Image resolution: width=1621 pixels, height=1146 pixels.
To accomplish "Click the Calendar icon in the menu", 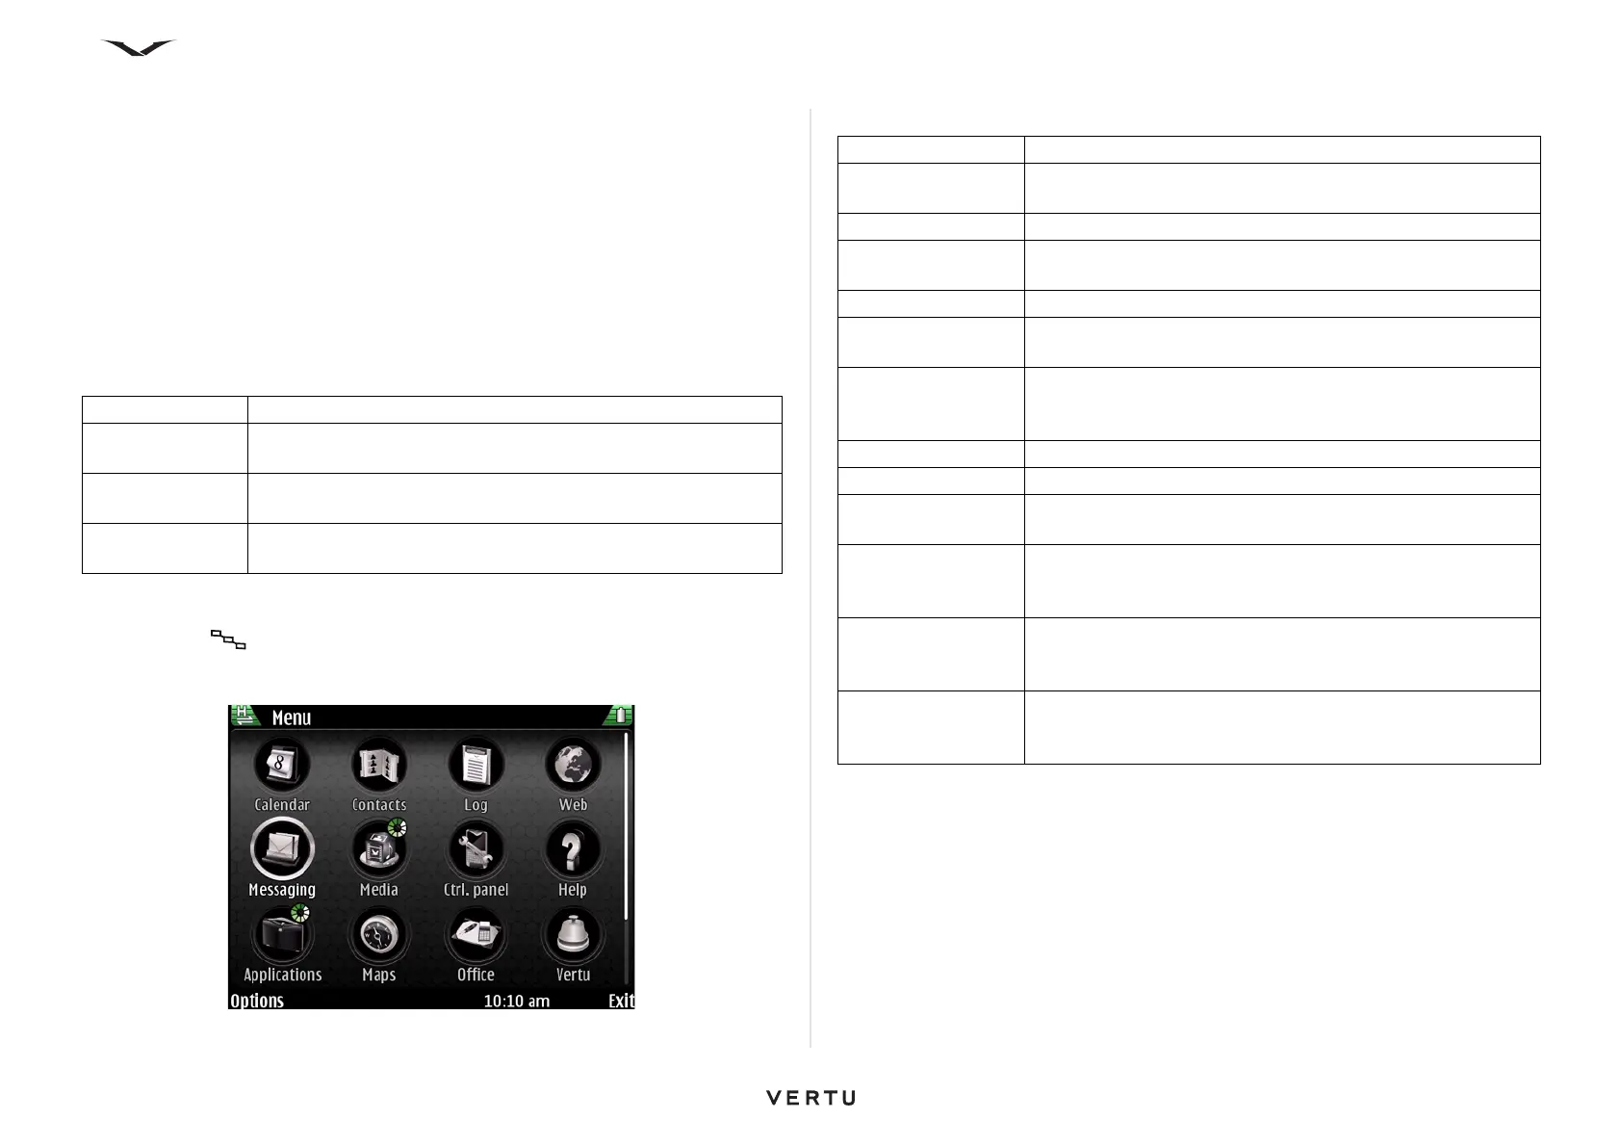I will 282,767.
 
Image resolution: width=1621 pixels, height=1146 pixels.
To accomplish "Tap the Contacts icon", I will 379,767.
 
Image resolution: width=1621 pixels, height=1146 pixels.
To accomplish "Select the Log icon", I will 476,767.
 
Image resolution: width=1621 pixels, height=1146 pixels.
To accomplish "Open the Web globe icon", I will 573,767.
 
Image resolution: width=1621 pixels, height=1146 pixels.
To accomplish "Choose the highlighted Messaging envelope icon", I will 282,849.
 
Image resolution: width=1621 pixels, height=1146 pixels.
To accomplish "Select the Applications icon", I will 282,936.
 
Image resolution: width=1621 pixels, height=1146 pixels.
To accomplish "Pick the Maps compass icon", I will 379,936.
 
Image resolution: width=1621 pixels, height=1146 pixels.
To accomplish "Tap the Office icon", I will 476,936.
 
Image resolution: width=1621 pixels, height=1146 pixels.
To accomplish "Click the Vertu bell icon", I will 573,936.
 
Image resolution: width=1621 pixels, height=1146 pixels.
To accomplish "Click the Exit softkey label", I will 621,1001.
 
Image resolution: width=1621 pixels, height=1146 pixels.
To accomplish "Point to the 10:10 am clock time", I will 516,1001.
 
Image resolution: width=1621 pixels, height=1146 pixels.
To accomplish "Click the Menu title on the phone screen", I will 292,717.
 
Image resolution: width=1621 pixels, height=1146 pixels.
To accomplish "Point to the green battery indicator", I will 620,716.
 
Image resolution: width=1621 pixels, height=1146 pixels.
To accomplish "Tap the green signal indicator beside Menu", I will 244,716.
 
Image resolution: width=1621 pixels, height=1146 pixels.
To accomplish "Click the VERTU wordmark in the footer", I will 810,1098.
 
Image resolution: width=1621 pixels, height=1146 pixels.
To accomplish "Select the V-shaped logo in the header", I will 139,48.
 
